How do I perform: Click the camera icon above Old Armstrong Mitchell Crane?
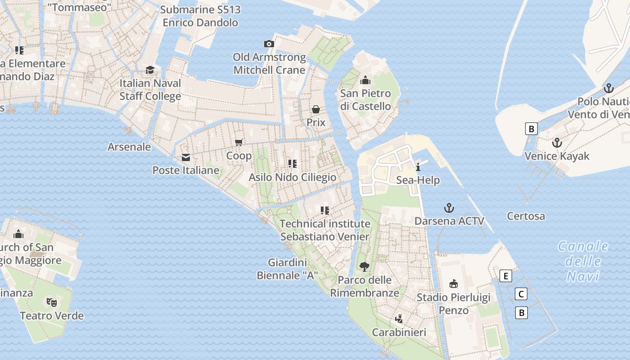269,44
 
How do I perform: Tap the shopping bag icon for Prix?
316,109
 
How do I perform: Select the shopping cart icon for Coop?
239,142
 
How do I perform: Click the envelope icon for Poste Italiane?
185,157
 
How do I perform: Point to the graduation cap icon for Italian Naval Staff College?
150,70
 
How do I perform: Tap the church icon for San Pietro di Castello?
365,80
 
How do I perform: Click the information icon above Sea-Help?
418,167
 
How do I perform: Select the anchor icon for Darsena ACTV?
449,208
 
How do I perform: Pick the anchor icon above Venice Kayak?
557,143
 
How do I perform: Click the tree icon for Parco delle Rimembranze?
364,266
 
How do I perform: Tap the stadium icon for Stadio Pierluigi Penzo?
454,284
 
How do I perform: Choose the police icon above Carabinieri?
398,319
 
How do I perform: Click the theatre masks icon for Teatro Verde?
51,302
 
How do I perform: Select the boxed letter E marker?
506,276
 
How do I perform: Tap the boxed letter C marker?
521,294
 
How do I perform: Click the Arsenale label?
129,147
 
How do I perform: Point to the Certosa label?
526,216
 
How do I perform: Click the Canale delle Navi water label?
583,261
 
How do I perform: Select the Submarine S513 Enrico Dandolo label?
200,16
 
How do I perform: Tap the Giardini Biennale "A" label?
287,269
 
